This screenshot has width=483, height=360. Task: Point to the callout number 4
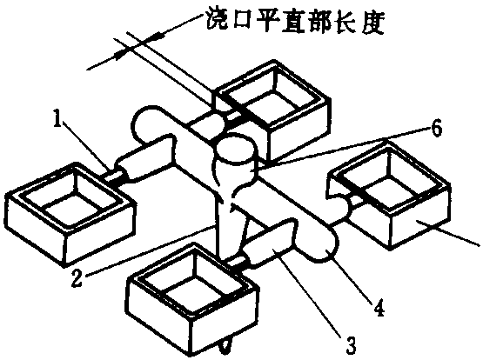click(x=379, y=307)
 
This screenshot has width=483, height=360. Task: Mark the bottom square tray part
click(x=193, y=297)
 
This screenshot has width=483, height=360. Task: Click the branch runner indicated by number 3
click(x=271, y=243)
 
